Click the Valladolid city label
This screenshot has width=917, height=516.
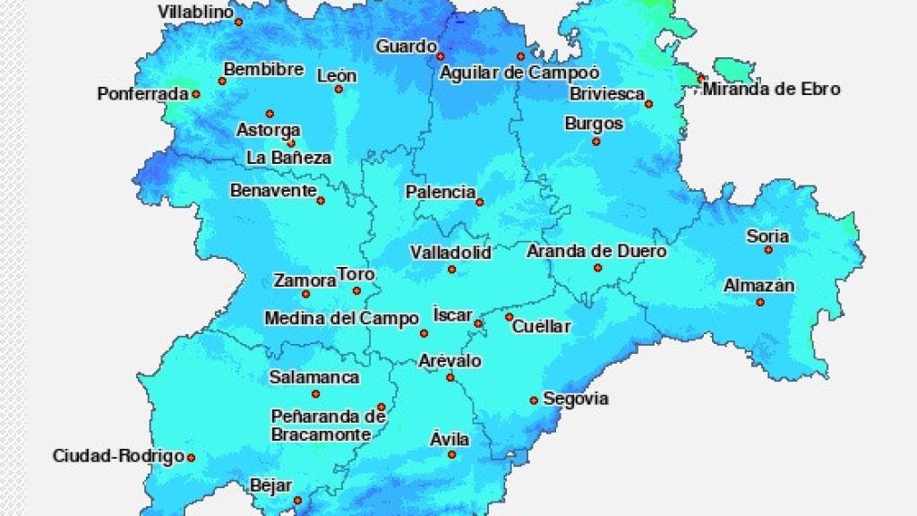[x=450, y=253]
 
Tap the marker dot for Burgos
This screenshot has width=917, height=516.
[x=596, y=142]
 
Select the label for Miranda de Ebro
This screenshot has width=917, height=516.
[x=771, y=89]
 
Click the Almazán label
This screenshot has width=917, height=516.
[x=759, y=286]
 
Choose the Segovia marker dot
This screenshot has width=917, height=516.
[x=534, y=400]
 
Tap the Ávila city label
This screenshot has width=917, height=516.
[x=450, y=439]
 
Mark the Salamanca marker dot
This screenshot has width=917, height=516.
[x=315, y=394]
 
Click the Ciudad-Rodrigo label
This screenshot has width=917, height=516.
[x=118, y=456]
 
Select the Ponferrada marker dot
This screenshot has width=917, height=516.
[x=195, y=94]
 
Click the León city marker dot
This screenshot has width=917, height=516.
[x=339, y=90]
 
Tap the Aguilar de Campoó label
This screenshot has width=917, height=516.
[x=519, y=73]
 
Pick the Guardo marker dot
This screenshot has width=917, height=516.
[x=440, y=56]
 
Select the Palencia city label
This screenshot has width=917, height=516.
[x=441, y=192]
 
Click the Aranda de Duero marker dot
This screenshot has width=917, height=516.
[x=597, y=268]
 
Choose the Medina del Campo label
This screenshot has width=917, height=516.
[x=341, y=318]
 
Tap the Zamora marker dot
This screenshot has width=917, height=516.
[x=305, y=294]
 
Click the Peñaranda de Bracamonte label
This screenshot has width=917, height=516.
[x=328, y=426]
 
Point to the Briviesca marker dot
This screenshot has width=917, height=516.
[x=649, y=104]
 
